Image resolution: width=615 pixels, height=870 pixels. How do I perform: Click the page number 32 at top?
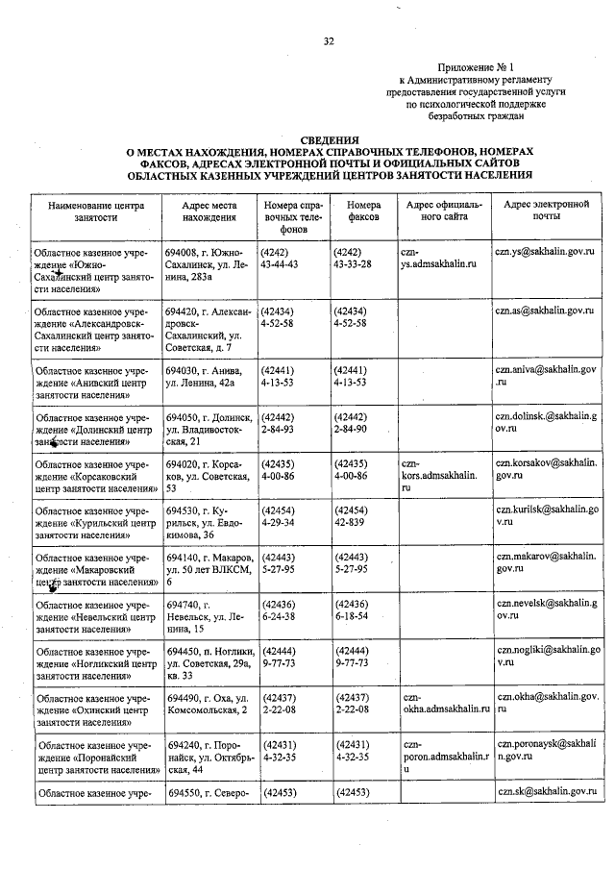[x=329, y=41]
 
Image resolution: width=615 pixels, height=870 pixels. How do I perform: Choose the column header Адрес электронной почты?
[x=546, y=211]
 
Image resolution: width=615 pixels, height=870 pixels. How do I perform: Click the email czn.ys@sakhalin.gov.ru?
[x=545, y=250]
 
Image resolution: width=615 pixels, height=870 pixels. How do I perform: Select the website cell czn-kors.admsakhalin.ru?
[x=437, y=475]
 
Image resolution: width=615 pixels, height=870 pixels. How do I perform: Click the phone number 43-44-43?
[x=281, y=262]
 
